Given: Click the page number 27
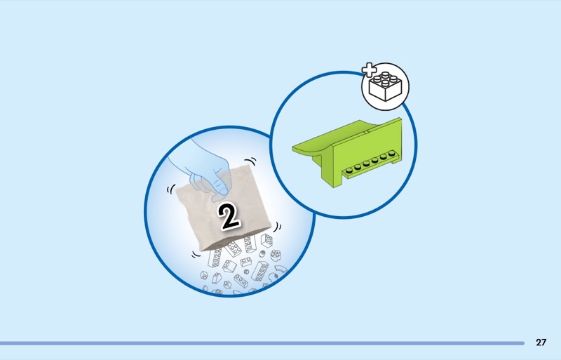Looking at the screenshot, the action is point(541,342).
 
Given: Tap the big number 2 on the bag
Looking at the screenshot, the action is point(229,216).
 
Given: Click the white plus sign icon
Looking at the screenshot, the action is point(370,70).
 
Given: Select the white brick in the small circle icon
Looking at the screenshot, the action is point(385,86).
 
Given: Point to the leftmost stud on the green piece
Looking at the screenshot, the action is point(349,171).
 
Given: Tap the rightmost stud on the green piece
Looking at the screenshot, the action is point(392,154).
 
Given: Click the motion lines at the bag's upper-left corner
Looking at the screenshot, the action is point(170,189).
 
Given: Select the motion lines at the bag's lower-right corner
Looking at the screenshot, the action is point(277,227).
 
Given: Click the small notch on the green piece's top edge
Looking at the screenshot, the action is point(366,132).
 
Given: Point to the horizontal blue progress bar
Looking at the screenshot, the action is point(262,343).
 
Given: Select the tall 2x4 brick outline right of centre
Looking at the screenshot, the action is point(260,271).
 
